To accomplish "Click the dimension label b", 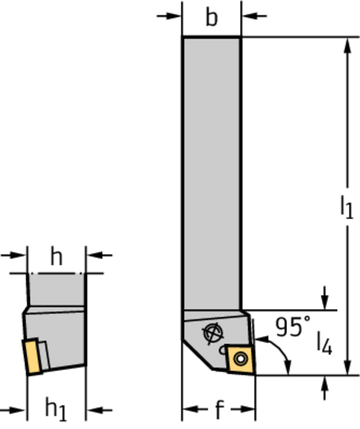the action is pyautogui.click(x=212, y=18).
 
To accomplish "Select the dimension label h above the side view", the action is pyautogui.click(x=57, y=257).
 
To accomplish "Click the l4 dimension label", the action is pyautogui.click(x=325, y=343).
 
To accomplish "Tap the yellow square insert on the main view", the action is pyautogui.click(x=241, y=359).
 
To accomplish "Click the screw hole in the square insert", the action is pyautogui.click(x=241, y=359).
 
